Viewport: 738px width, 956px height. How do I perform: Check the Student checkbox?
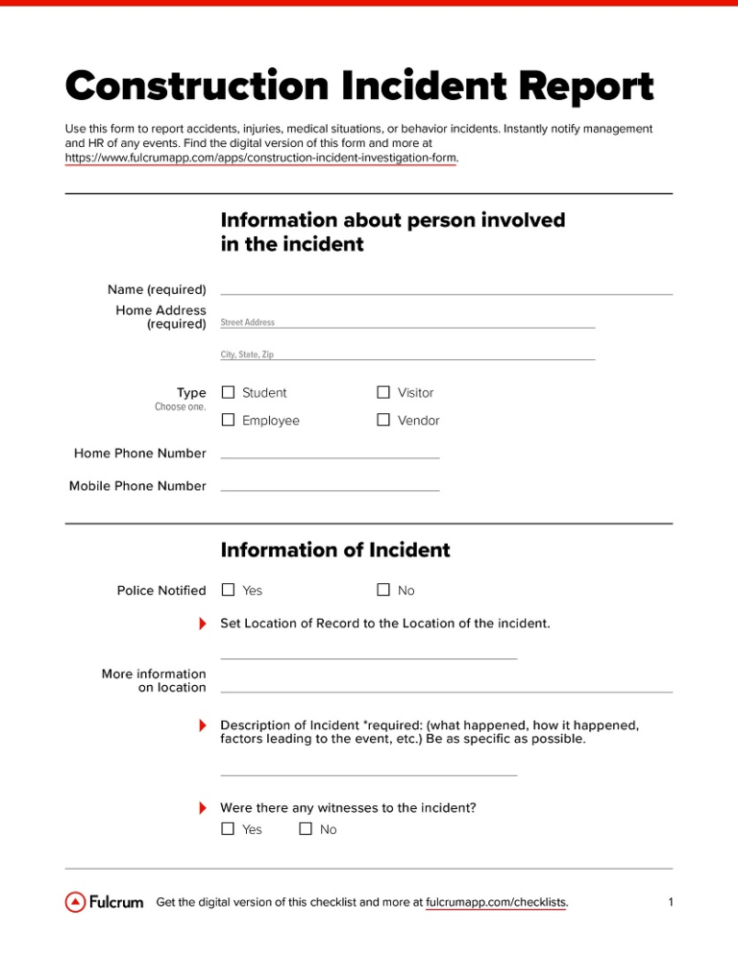click(x=228, y=393)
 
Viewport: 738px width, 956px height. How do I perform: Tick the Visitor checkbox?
click(x=383, y=393)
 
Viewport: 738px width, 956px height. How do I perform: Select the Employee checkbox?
click(x=228, y=420)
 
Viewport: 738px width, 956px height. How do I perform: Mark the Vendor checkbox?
click(x=383, y=420)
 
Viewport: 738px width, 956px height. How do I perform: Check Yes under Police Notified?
click(x=228, y=590)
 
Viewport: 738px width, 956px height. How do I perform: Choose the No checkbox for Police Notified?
click(x=383, y=590)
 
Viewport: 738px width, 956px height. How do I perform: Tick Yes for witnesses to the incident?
click(x=228, y=829)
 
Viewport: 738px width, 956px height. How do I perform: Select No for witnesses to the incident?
click(x=306, y=829)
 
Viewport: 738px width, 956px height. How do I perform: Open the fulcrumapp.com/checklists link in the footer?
click(x=495, y=902)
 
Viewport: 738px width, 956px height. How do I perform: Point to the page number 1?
click(x=670, y=902)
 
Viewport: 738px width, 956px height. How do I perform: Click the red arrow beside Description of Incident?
click(x=203, y=723)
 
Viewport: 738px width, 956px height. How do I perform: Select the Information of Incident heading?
click(x=334, y=551)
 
